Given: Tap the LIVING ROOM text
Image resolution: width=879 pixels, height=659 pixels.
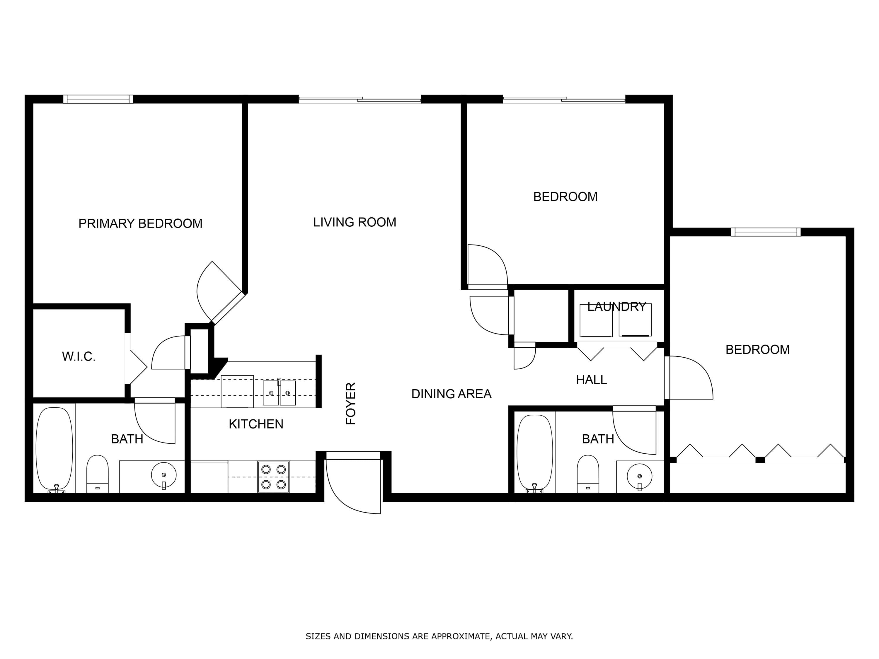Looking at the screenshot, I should pyautogui.click(x=355, y=222).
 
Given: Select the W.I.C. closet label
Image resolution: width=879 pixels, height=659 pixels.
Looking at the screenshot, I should pyautogui.click(x=79, y=356).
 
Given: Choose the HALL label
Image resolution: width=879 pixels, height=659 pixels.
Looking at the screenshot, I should pyautogui.click(x=591, y=380).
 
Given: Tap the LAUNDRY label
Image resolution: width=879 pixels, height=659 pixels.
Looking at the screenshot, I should pyautogui.click(x=617, y=307).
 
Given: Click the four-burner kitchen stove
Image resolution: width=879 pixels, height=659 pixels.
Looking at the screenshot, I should pyautogui.click(x=273, y=477).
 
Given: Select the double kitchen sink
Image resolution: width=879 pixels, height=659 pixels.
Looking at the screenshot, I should pyautogui.click(x=279, y=392).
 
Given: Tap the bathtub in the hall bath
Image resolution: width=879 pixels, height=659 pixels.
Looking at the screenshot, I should pyautogui.click(x=534, y=453).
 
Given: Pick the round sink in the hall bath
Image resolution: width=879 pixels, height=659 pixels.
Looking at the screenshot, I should pyautogui.click(x=639, y=476).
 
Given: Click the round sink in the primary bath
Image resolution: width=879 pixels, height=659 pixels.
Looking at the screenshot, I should pyautogui.click(x=164, y=475).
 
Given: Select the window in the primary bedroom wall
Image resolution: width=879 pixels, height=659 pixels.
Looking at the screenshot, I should pyautogui.click(x=98, y=99).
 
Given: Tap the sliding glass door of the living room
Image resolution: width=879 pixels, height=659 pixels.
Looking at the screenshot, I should pyautogui.click(x=360, y=99).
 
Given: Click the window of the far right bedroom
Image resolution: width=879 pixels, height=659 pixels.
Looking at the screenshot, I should pyautogui.click(x=766, y=232).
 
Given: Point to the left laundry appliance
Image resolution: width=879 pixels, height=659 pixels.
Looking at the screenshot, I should pyautogui.click(x=596, y=320).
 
